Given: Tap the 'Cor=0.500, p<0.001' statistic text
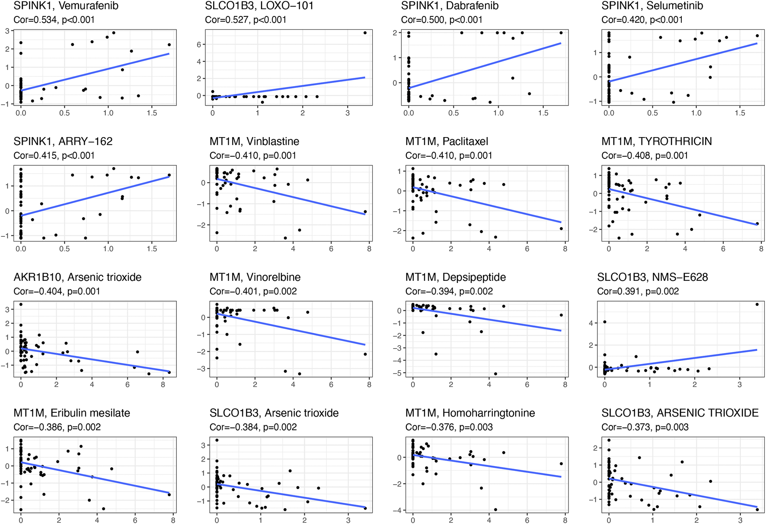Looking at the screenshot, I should (441, 20).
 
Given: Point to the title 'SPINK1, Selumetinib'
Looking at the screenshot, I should (652, 6).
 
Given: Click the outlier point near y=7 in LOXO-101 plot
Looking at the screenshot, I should (365, 33).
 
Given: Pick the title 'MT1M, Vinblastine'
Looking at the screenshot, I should (254, 141).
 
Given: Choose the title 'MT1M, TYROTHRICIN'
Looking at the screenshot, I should (657, 141).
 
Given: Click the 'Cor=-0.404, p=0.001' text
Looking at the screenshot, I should (57, 291).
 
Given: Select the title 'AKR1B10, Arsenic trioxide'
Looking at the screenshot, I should (77, 277).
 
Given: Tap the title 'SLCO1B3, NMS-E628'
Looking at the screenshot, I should (652, 277).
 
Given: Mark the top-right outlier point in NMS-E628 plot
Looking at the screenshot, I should (757, 304).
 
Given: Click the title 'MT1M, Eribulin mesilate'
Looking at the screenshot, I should (72, 413).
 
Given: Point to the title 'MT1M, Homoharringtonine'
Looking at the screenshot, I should (470, 413).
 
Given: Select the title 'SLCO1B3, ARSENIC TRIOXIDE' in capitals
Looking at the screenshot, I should (680, 413).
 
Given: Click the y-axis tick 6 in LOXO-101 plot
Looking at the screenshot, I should (199, 45).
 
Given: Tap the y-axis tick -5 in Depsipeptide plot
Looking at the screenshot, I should (397, 373).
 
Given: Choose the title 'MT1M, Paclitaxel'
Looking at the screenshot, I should (447, 141).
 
